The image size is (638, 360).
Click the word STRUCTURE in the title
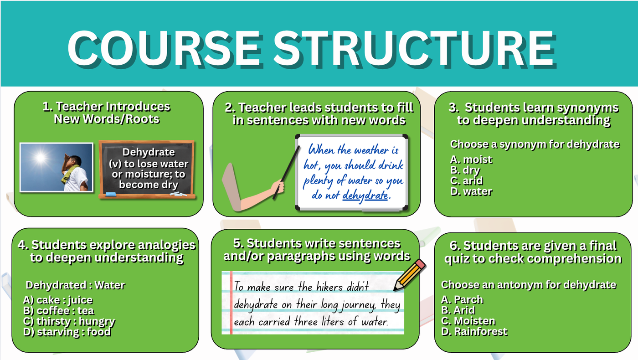[x=415, y=49]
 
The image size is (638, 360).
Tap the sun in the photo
[x=40, y=157]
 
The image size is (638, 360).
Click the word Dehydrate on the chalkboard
[x=149, y=152]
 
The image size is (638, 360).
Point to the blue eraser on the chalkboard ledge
[x=111, y=195]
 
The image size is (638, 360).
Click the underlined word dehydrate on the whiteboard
[x=365, y=195]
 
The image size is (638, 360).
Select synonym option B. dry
[x=465, y=170]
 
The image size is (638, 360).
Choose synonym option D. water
[x=471, y=192]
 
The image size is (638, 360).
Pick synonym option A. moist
[x=471, y=159]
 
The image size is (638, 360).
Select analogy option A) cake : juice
[x=58, y=300]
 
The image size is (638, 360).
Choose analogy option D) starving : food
[x=67, y=332]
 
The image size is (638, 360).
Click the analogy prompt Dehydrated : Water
[x=75, y=285]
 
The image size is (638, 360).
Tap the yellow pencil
[x=410, y=275]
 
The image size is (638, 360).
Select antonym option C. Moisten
[x=468, y=321]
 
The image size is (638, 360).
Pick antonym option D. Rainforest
[x=474, y=332]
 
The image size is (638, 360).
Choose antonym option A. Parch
[x=462, y=300]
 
